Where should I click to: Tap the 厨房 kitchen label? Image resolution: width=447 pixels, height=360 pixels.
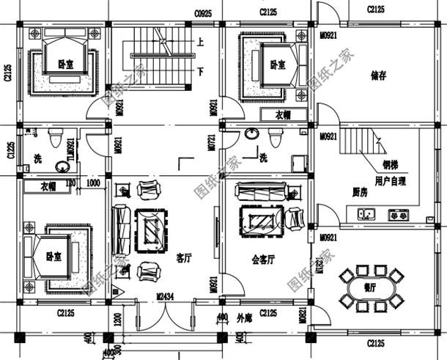359,192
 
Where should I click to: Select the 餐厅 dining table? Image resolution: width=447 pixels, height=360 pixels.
372,287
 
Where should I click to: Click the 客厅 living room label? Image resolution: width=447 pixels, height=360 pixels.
184,258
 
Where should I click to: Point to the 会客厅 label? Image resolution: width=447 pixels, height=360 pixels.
262,259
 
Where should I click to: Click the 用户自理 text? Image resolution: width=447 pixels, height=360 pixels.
390,180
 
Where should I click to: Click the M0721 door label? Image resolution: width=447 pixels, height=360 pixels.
213,146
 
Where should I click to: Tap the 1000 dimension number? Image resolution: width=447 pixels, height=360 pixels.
93,183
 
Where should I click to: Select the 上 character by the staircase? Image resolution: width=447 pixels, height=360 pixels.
200,43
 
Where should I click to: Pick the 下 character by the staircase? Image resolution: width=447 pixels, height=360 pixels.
200,70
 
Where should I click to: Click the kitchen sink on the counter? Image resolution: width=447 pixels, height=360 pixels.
364,215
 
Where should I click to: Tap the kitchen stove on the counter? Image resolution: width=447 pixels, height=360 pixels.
398,215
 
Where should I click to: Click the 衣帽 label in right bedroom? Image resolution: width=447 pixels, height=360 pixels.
282,115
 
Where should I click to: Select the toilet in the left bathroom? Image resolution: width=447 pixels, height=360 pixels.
54,138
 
